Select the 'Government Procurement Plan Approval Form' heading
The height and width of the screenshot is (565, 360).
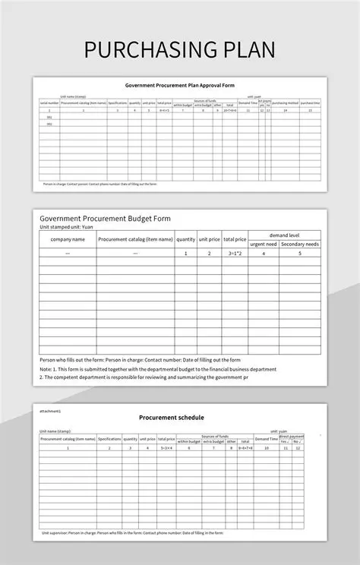[x=180, y=86]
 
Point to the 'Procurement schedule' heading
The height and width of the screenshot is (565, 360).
[x=171, y=417]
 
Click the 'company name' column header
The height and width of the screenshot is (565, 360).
[x=68, y=239]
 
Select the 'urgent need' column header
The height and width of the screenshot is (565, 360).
[x=264, y=245]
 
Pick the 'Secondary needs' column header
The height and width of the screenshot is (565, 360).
[x=300, y=245]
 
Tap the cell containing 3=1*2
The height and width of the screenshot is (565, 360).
[x=235, y=253]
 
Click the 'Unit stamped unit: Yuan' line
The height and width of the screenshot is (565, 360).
[x=66, y=227]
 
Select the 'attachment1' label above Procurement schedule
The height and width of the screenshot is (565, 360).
[x=50, y=410]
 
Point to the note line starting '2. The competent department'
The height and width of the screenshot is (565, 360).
[x=144, y=377]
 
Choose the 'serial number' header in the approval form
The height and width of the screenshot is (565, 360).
[x=50, y=103]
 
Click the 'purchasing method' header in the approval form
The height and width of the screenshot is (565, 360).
[x=286, y=103]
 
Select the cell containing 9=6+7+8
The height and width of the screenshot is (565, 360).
[x=245, y=448]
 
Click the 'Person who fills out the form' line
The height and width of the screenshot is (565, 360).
[x=140, y=359]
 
